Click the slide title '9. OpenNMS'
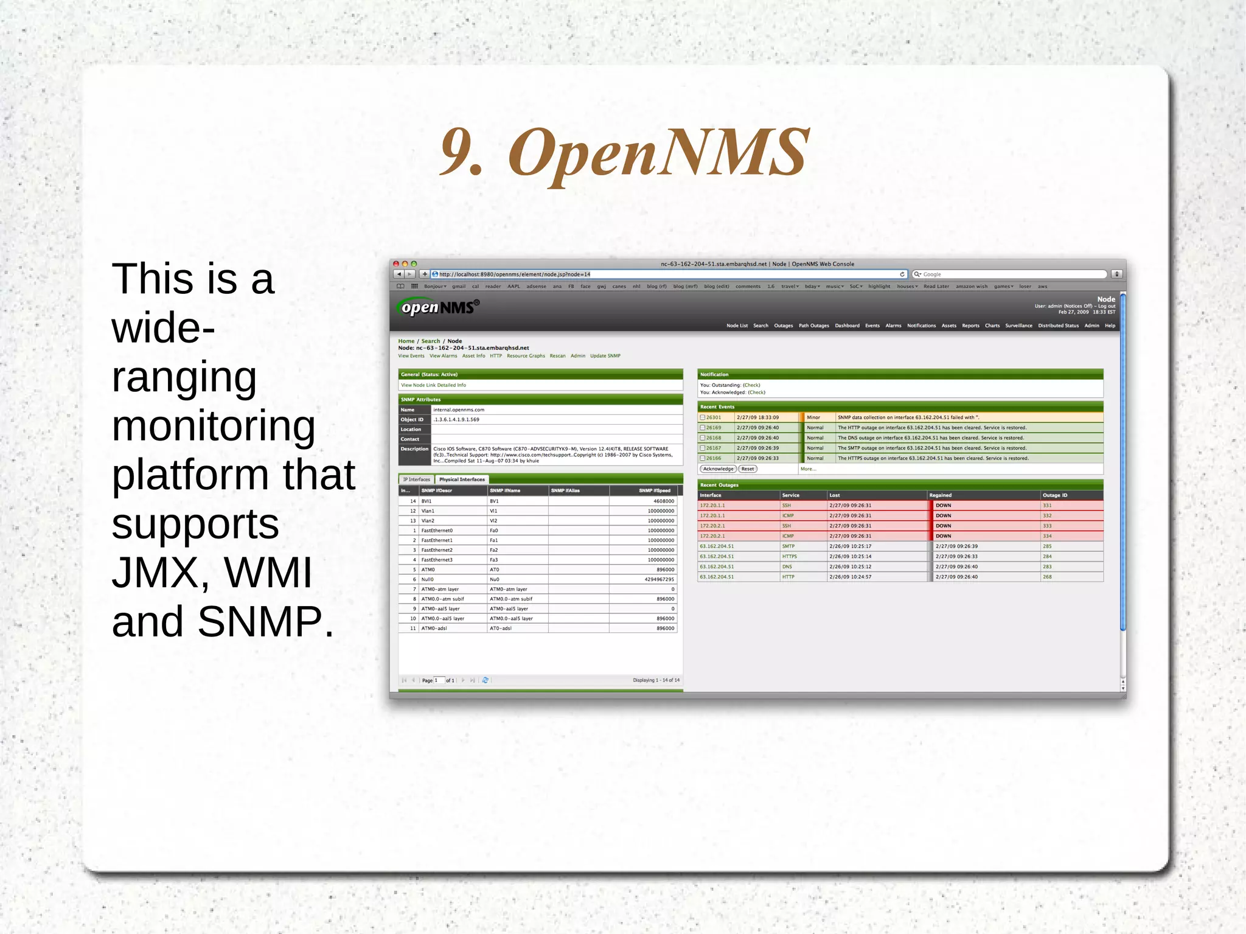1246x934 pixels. pyautogui.click(x=624, y=152)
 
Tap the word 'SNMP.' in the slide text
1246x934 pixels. pyautogui.click(x=265, y=621)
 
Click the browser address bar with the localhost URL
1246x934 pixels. pyautogui.click(x=666, y=274)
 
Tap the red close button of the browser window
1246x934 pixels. pyautogui.click(x=396, y=264)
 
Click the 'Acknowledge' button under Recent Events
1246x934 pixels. pyautogui.click(x=718, y=469)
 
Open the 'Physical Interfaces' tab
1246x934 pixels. pyautogui.click(x=462, y=479)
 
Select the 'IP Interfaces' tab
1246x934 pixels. pyautogui.click(x=416, y=479)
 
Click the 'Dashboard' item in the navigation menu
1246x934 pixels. pyautogui.click(x=847, y=326)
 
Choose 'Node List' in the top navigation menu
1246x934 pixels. pyautogui.click(x=737, y=326)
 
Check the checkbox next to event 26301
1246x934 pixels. pyautogui.click(x=703, y=417)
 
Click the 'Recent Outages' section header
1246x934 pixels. pyautogui.click(x=719, y=485)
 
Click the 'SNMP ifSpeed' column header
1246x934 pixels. pyautogui.click(x=654, y=490)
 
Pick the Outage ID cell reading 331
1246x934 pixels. pyautogui.click(x=1047, y=506)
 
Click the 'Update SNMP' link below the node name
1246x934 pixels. pyautogui.click(x=605, y=356)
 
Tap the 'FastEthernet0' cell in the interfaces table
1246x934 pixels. pyautogui.click(x=437, y=531)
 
